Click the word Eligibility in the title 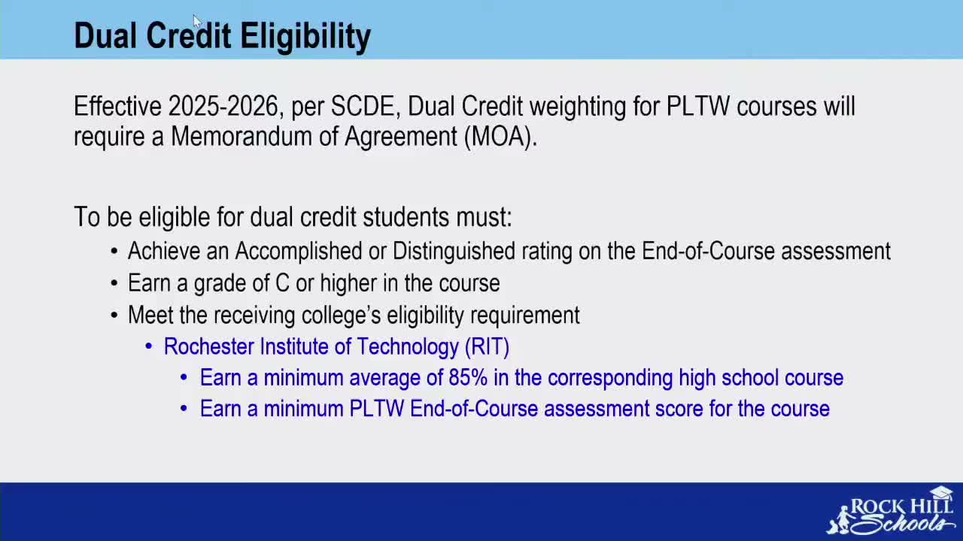pyautogui.click(x=305, y=37)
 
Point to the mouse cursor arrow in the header pyautogui.click(x=197, y=21)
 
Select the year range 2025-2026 pyautogui.click(x=223, y=106)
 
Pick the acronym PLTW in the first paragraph pyautogui.click(x=697, y=106)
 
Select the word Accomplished pyautogui.click(x=299, y=251)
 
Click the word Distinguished pyautogui.click(x=454, y=251)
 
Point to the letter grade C pyautogui.click(x=282, y=283)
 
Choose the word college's pyautogui.click(x=341, y=315)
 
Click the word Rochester pyautogui.click(x=209, y=346)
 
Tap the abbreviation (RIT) pyautogui.click(x=487, y=347)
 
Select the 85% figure pyautogui.click(x=468, y=378)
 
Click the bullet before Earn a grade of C pyautogui.click(x=114, y=283)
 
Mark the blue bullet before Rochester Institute pyautogui.click(x=149, y=346)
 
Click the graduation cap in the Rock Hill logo pyautogui.click(x=941, y=492)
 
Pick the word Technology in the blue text pyautogui.click(x=408, y=347)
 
